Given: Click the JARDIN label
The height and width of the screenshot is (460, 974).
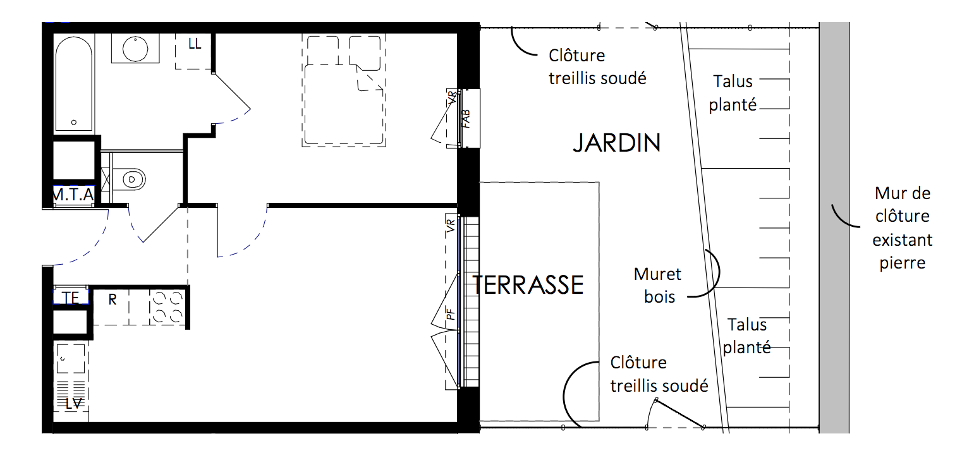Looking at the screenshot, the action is click(617, 143).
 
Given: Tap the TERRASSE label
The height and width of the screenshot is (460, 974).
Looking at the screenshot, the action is click(528, 285).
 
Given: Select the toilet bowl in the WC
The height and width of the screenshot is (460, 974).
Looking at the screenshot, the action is click(133, 179).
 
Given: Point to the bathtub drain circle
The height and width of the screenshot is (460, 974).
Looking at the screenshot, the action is click(74, 123).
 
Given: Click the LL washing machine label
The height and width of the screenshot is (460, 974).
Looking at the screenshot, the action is click(195, 44).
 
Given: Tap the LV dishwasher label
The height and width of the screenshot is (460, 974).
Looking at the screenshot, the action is click(73, 404).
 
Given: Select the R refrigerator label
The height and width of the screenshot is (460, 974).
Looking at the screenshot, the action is click(112, 300).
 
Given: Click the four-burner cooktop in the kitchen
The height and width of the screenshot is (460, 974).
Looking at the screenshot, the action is click(167, 307).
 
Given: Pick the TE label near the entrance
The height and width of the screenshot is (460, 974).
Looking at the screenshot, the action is click(70, 298).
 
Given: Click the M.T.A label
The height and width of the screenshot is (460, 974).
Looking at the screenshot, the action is click(73, 195).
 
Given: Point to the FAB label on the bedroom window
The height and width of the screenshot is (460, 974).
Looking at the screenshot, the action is click(466, 119).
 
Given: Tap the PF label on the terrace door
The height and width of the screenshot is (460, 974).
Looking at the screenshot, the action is click(451, 314).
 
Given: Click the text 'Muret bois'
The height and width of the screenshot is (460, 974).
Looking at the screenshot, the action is click(659, 285).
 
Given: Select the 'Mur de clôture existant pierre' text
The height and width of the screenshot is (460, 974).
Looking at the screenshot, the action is click(903, 228).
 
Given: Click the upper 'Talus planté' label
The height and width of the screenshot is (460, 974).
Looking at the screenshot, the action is click(733, 93).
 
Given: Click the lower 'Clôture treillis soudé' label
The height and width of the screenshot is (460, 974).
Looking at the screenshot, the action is click(659, 374).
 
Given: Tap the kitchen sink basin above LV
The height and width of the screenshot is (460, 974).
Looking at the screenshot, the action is click(71, 359).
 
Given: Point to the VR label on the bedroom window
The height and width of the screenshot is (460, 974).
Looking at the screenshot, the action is click(452, 97).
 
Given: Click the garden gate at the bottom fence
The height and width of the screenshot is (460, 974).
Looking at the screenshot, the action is click(679, 413).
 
